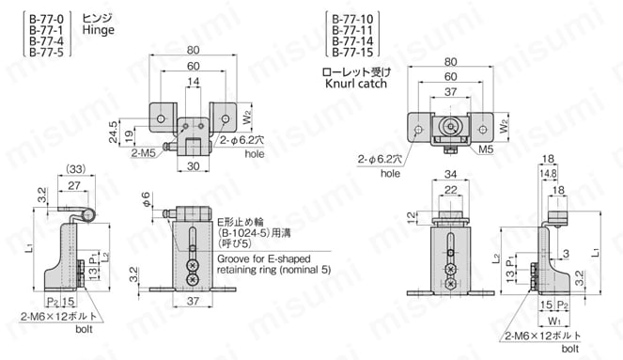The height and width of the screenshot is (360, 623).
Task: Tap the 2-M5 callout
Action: click(x=143, y=151)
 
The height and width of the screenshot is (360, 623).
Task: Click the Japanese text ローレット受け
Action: click(x=354, y=70)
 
